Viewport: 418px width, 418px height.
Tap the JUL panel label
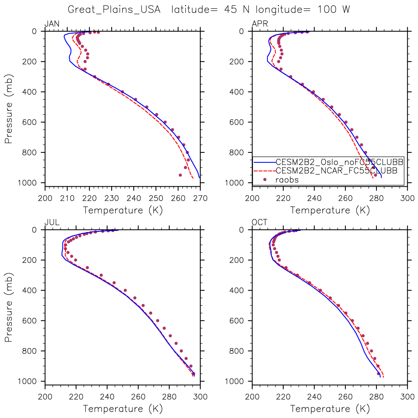tap(52, 222)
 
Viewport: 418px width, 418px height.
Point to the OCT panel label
tap(260, 222)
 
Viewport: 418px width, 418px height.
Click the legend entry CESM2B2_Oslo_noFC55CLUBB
tap(339, 162)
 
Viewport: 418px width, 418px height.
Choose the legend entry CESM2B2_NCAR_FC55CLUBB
tap(336, 171)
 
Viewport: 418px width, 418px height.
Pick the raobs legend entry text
tap(287, 180)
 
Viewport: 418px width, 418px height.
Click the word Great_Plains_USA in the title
tap(114, 10)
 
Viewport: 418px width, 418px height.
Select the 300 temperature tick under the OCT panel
tap(407, 397)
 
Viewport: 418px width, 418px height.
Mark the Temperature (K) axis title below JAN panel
tap(123, 210)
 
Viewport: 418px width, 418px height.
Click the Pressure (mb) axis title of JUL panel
tap(8, 307)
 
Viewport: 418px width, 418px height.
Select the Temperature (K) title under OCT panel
tap(330, 409)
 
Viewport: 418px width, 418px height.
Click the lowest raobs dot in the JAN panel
tap(180, 175)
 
